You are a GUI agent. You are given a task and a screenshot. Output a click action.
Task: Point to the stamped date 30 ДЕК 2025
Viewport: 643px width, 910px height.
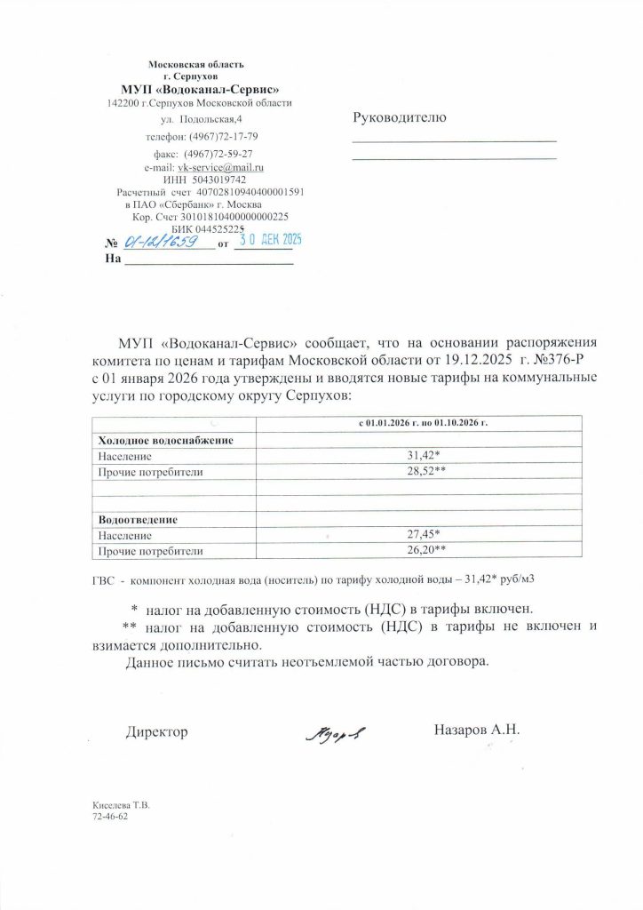pyautogui.click(x=267, y=239)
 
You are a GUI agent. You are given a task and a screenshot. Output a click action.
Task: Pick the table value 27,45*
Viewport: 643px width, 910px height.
pyautogui.click(x=423, y=535)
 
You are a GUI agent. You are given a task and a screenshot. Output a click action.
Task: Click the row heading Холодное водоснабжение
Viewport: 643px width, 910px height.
pyautogui.click(x=165, y=441)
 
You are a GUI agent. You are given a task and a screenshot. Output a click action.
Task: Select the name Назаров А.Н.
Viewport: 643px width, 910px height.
pyautogui.click(x=476, y=730)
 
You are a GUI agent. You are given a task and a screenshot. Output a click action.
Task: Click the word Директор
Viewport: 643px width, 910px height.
pyautogui.click(x=157, y=731)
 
